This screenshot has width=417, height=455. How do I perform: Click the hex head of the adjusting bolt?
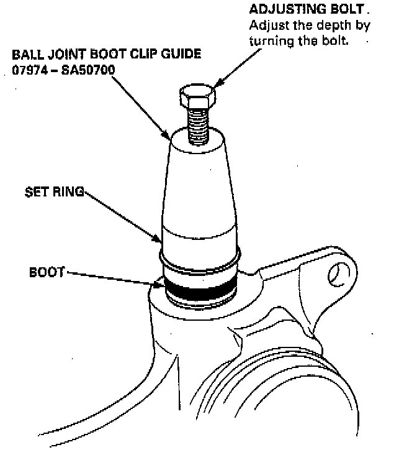click(x=197, y=96)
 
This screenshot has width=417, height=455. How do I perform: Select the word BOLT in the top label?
click(x=334, y=11)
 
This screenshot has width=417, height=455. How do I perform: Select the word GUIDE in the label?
click(x=182, y=54)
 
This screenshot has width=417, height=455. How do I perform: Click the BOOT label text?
click(x=46, y=272)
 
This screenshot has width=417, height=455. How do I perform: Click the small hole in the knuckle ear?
click(x=336, y=273)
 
